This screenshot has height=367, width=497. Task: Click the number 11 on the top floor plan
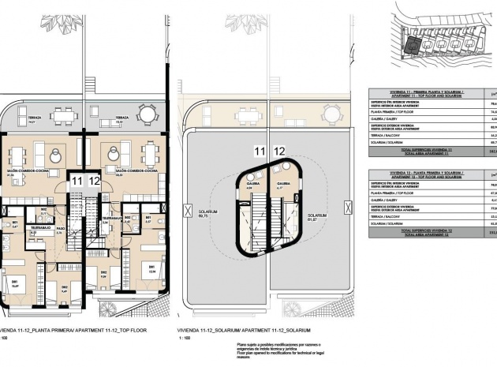(x=77, y=181)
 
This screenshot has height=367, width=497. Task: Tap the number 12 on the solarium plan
(x=278, y=150)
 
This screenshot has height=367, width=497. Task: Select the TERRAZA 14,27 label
(x=32, y=122)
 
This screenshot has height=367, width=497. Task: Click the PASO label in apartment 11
(x=60, y=230)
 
